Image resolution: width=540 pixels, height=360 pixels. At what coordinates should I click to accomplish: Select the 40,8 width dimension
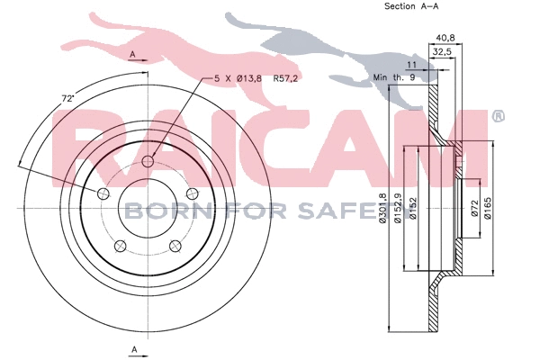(x=444, y=38)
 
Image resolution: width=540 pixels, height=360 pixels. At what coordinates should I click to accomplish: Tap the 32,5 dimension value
(x=443, y=53)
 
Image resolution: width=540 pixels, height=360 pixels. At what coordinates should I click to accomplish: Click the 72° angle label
(x=68, y=97)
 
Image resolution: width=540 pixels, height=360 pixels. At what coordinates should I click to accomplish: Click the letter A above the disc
(x=133, y=56)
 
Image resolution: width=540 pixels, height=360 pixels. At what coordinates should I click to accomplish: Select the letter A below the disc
(x=133, y=348)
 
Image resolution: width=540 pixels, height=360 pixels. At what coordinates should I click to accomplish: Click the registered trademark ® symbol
(x=498, y=116)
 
